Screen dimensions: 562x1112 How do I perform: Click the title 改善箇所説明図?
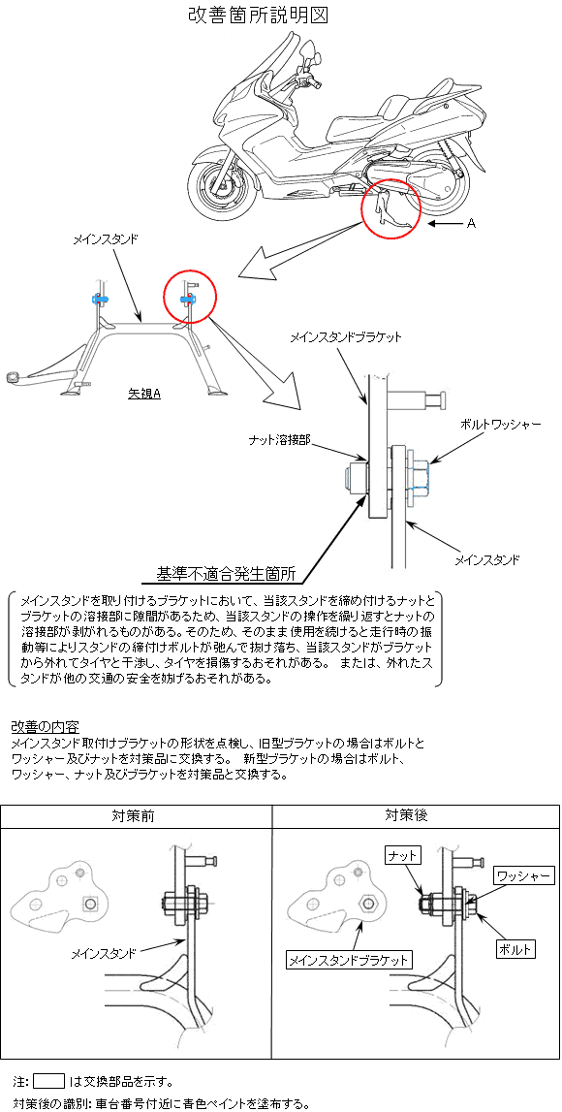tap(258, 16)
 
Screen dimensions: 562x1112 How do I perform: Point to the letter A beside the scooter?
tap(471, 223)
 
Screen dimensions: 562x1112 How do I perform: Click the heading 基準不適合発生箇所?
tap(226, 573)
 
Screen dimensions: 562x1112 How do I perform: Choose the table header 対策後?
tap(406, 815)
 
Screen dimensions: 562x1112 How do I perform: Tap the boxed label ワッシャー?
tap(523, 875)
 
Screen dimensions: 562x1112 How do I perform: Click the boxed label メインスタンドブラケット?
tap(349, 960)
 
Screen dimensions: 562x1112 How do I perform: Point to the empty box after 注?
tap(48, 1082)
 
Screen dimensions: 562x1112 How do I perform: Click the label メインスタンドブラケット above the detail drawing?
tap(346, 337)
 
